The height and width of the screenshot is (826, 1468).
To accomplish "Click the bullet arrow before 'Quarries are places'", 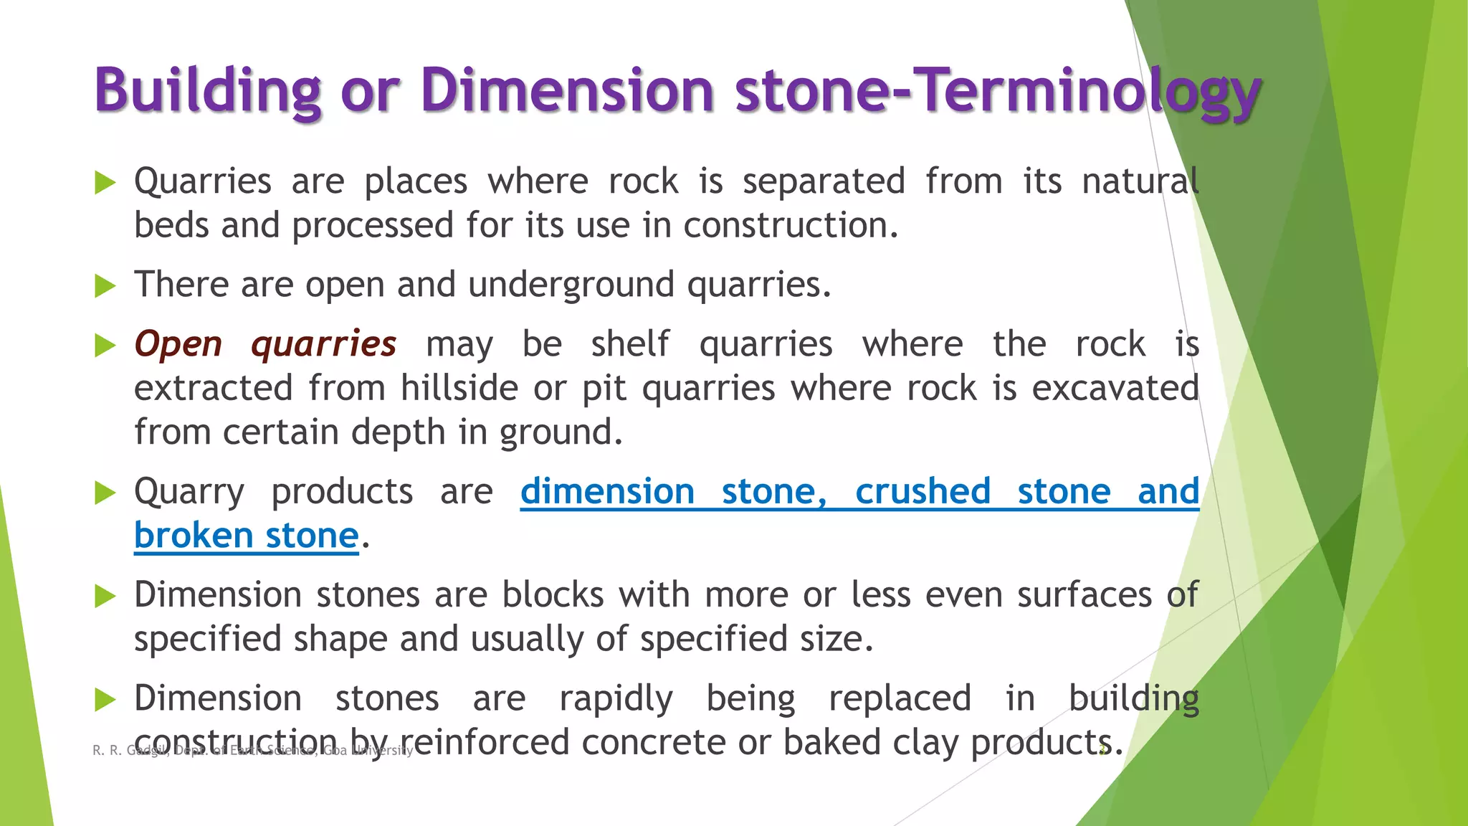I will (x=105, y=183).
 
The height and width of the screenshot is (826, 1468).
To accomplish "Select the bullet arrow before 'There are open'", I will (x=105, y=287).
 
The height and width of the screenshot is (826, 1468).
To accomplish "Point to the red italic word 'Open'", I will (x=178, y=344).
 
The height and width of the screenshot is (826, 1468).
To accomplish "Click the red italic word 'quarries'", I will (x=323, y=344).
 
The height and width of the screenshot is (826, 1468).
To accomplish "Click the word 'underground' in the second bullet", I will (x=571, y=285).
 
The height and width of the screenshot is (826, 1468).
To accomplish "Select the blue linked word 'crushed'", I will (x=923, y=492).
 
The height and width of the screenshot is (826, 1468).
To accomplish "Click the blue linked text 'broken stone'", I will (x=246, y=536).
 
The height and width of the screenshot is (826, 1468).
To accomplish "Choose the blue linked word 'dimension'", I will (x=607, y=492).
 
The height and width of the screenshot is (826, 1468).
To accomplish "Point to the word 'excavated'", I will (x=1115, y=389).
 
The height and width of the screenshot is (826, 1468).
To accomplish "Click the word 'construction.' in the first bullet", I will (x=791, y=226).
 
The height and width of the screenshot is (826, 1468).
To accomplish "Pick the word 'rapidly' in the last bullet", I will (x=616, y=699).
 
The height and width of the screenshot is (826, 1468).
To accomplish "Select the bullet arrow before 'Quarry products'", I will (x=105, y=493).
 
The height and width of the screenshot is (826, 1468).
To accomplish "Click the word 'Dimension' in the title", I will (x=567, y=91).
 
